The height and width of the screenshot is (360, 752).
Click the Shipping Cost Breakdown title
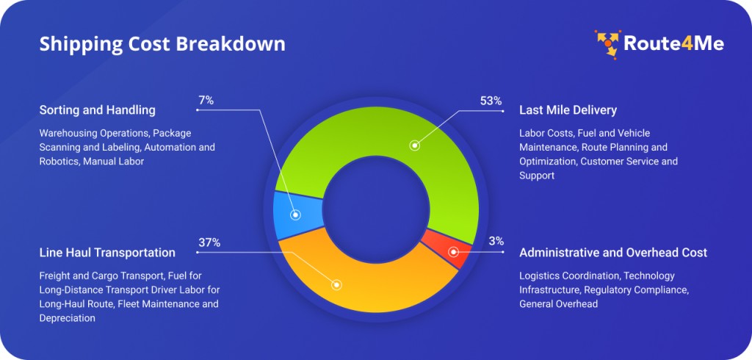[x=162, y=44]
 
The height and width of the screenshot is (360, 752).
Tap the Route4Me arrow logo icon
[x=607, y=43]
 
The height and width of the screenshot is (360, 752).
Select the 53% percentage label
[x=491, y=101]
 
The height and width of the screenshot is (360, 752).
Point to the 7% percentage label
[x=206, y=100]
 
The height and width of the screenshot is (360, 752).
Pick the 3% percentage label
[x=496, y=241]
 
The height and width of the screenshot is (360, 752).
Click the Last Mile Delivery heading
[x=568, y=110]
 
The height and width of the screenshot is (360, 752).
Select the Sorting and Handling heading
[x=97, y=110]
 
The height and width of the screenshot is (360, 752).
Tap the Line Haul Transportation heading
[x=107, y=253]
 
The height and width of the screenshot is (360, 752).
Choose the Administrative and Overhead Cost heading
[x=613, y=253]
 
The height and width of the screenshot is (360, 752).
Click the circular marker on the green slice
[x=415, y=145]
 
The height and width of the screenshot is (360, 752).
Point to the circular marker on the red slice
[x=453, y=252]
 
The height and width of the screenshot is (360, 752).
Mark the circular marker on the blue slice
[x=295, y=215]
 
